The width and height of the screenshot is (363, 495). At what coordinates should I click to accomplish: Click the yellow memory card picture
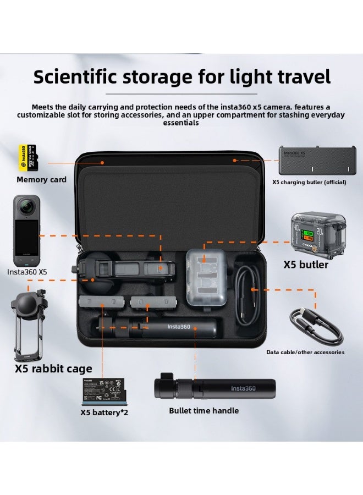point(28,157)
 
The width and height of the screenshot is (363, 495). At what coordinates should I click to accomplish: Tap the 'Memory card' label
point(41,179)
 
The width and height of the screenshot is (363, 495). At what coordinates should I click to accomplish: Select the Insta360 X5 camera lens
point(26,207)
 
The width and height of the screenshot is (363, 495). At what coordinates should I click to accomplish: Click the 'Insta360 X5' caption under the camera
point(27,272)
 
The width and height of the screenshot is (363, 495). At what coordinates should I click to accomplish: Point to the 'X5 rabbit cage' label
point(53,368)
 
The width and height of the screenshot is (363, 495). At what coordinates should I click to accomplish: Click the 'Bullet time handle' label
point(204,410)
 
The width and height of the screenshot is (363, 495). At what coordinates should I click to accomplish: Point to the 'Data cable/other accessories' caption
point(305,352)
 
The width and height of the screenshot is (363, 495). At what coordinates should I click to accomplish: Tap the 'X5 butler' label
point(306,265)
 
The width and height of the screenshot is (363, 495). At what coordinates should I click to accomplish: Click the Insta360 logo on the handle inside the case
point(178,327)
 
